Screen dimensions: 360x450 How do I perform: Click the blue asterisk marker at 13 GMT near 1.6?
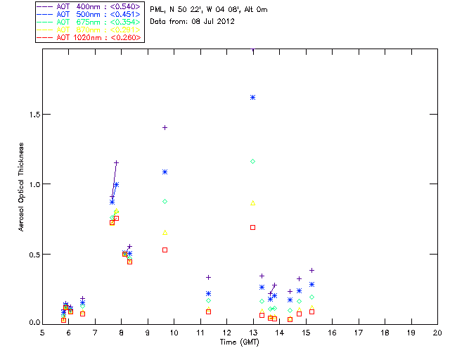click(x=252, y=97)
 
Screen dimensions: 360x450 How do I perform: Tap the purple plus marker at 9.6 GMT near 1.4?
click(x=165, y=127)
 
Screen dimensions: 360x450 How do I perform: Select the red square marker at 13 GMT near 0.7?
click(x=252, y=227)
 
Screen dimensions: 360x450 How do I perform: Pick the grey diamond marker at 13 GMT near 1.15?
click(x=252, y=161)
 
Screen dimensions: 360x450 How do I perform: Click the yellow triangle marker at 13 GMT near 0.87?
click(x=252, y=202)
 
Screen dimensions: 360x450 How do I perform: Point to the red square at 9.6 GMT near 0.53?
click(x=165, y=250)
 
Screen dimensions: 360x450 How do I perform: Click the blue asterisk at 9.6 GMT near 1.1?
click(x=165, y=172)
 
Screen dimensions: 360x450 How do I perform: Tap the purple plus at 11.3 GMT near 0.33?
click(x=208, y=277)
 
